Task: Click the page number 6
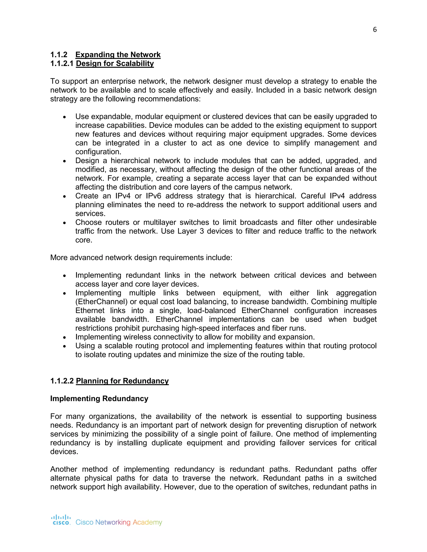click(x=375, y=30)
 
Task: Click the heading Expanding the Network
click(x=118, y=55)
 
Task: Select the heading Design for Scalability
click(x=115, y=64)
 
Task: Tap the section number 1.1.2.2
click(x=62, y=381)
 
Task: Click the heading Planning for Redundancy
click(x=122, y=381)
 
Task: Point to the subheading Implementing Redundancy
click(x=99, y=398)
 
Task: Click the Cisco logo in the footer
click(x=61, y=520)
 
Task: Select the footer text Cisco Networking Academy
click(x=119, y=522)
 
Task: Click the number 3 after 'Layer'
click(x=202, y=231)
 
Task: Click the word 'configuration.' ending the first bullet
click(x=98, y=152)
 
